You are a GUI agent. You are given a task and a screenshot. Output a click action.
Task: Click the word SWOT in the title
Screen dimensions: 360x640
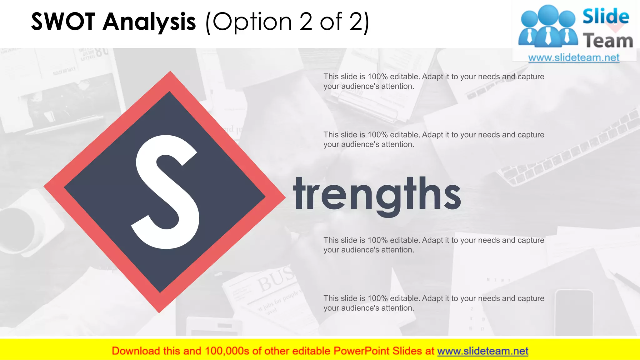click(63, 22)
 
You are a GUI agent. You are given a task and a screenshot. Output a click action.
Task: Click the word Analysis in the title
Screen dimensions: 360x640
click(149, 22)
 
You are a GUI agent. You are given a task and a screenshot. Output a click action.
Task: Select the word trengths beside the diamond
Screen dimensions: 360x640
click(377, 194)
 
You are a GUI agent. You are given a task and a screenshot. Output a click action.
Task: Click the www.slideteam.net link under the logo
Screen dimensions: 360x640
click(574, 57)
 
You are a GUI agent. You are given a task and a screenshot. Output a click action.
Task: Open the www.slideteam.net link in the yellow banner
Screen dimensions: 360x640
click(482, 351)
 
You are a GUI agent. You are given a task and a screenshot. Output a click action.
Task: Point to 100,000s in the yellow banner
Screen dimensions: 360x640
click(227, 351)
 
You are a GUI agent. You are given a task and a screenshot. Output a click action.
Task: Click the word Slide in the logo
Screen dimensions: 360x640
click(606, 17)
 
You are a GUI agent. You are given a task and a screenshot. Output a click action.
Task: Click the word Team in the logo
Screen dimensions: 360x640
click(608, 41)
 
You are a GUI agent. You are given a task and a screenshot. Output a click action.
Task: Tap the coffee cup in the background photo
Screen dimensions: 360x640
click(19, 228)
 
